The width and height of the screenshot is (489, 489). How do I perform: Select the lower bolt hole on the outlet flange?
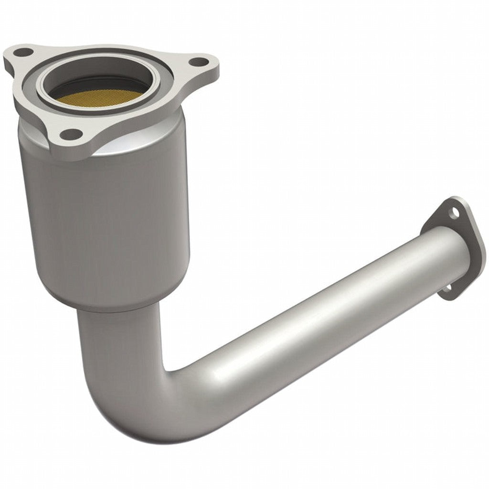(448, 288)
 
